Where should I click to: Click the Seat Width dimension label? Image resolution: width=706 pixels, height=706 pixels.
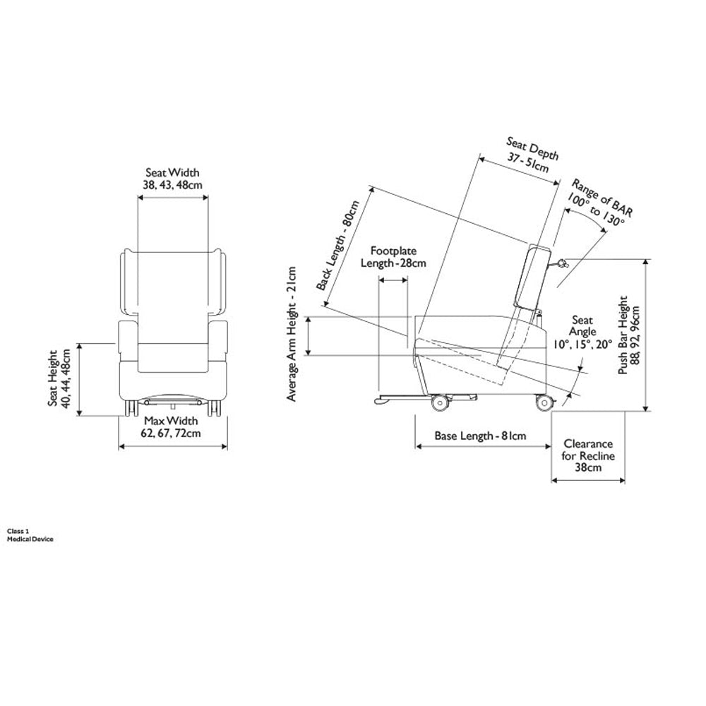(x=172, y=179)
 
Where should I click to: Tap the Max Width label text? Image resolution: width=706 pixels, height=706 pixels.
(x=172, y=427)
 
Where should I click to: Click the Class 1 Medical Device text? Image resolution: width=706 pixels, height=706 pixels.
(x=30, y=534)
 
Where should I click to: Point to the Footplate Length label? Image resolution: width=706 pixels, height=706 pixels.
(x=394, y=257)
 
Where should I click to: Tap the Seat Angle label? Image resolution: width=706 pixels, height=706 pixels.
(x=583, y=332)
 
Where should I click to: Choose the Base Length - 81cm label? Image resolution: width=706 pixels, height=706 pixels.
(x=480, y=436)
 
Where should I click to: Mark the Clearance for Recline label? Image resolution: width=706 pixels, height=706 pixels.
(x=588, y=455)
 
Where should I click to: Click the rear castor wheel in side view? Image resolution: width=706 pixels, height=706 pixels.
(x=544, y=403)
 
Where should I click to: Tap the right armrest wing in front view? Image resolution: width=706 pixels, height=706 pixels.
(x=219, y=282)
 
